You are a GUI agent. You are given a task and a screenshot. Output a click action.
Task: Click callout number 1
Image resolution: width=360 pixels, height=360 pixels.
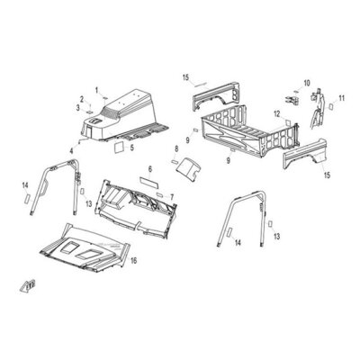pos(96,90)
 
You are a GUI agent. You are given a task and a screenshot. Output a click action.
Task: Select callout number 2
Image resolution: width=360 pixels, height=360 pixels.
pos(82,98)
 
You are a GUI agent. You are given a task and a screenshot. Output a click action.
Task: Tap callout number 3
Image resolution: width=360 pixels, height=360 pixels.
pos(78,107)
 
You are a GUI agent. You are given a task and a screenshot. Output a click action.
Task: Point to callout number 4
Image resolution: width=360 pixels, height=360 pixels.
pos(71,151)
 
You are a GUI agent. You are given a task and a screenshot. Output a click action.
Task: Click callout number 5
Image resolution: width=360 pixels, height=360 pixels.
pos(131,148)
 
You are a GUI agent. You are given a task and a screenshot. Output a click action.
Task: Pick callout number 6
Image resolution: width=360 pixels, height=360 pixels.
pos(150,169)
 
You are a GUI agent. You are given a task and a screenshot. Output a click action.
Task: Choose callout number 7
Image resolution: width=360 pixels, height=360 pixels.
pos(172,197)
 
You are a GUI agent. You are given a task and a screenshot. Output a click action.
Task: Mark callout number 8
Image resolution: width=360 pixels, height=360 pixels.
pos(176,148)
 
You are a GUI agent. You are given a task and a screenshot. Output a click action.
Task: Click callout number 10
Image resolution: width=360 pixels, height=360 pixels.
pos(307,83)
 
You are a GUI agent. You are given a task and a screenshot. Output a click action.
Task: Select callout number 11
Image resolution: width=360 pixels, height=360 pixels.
pos(342,98)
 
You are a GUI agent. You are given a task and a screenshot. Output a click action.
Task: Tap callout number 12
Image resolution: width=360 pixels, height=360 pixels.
pos(276,113)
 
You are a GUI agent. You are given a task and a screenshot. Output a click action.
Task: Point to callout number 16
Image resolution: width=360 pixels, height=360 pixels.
pos(133,261)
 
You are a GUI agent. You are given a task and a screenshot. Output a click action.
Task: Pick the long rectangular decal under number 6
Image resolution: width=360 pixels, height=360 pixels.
pos(149,183)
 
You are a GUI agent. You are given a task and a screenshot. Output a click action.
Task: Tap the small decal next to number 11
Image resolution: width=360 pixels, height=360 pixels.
pos(331,105)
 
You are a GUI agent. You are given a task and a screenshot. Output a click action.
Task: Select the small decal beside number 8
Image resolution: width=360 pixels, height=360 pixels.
pos(175,162)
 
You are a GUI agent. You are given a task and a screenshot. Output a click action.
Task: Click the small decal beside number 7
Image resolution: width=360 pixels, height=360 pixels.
pos(160,195)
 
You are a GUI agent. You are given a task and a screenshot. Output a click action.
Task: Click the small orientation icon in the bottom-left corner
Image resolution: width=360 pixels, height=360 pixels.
pos(28,285)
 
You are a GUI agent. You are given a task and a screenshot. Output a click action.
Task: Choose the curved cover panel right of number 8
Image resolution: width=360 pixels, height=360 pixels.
pos(190,167)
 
